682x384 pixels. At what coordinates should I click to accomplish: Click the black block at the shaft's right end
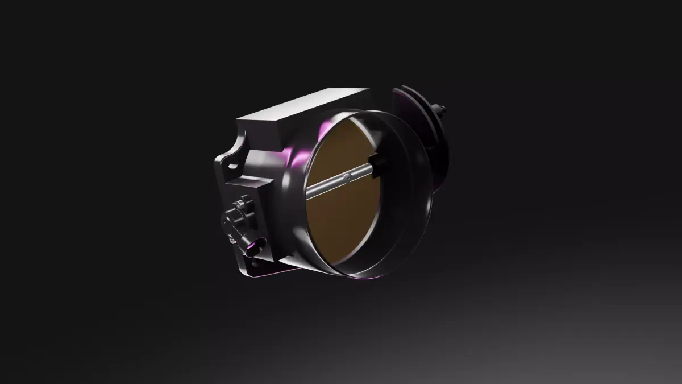(x=376, y=164)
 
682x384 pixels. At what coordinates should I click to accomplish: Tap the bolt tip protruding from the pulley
(x=442, y=108)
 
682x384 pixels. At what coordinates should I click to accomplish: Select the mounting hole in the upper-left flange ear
(x=232, y=166)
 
